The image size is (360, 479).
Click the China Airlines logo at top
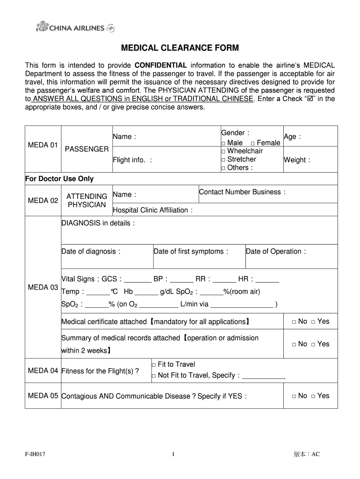pyautogui.click(x=75, y=28)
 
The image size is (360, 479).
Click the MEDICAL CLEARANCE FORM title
pyautogui.click(x=180, y=48)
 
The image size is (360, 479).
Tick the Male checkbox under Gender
pyautogui.click(x=223, y=143)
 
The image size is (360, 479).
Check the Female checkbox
pyautogui.click(x=252, y=143)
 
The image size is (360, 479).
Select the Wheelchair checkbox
pyautogui.click(x=223, y=151)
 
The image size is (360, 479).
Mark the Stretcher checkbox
pyautogui.click(x=223, y=160)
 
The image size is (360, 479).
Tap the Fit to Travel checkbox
pyautogui.click(x=154, y=365)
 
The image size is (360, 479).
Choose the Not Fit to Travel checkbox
pyautogui.click(x=154, y=376)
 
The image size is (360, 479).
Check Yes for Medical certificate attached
pyautogui.click(x=313, y=322)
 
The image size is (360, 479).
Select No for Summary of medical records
pyautogui.click(x=294, y=344)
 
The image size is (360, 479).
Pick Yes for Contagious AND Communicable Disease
pyautogui.click(x=313, y=396)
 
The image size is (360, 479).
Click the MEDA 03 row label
pyautogui.click(x=43, y=287)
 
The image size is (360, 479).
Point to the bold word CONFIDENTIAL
pyautogui.click(x=161, y=65)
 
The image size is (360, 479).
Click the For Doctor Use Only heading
pyautogui.click(x=59, y=179)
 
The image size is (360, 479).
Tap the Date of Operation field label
pyautogui.click(x=276, y=252)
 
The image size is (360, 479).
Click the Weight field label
pyautogui.click(x=297, y=160)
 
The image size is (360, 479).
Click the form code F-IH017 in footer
pyautogui.click(x=36, y=454)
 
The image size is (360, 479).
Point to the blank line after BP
pyautogui.click(x=182, y=280)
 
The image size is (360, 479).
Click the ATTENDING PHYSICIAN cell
pyautogui.click(x=86, y=200)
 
